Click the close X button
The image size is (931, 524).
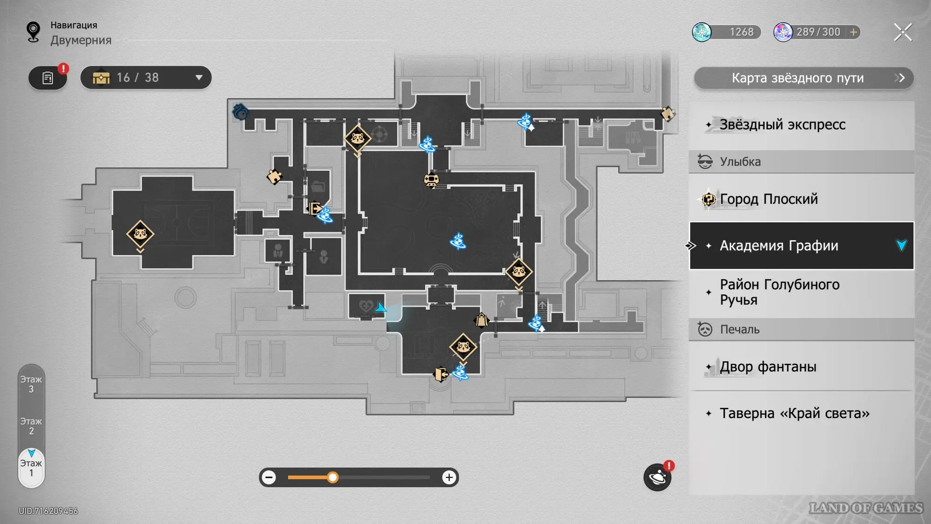(903, 32)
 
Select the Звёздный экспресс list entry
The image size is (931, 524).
(782, 125)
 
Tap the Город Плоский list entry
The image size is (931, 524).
(769, 199)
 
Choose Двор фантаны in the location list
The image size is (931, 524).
(768, 367)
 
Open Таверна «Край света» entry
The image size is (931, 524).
(794, 414)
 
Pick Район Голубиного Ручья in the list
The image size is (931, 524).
(780, 292)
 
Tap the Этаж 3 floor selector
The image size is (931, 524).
(31, 384)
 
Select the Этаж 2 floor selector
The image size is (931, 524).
(31, 426)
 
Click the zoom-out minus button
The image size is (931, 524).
(269, 477)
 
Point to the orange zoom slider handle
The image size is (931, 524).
(332, 477)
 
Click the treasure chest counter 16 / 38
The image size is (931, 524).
(146, 78)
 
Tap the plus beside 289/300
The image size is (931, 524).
(854, 32)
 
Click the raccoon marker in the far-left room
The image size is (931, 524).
(140, 233)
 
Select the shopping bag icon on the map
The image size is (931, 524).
(481, 320)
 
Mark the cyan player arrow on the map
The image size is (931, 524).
(380, 307)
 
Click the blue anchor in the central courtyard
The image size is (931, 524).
(458, 241)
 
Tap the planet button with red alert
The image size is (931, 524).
(657, 477)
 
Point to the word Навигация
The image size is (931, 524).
(74, 25)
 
